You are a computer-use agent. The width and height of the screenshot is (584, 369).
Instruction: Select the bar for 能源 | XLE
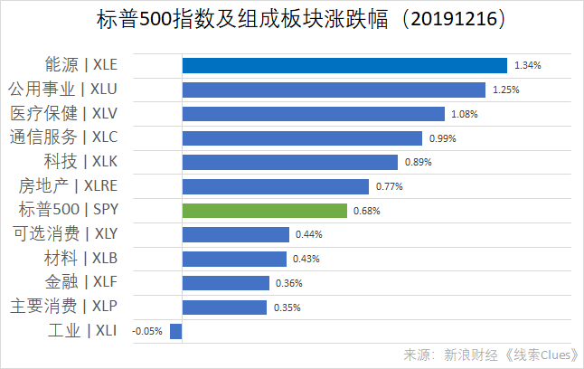click(344, 65)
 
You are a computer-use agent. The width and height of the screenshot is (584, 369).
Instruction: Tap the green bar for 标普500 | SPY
click(265, 211)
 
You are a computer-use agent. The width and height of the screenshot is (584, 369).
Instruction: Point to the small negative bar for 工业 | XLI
click(176, 331)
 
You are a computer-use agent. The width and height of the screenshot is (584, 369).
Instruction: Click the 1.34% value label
click(528, 66)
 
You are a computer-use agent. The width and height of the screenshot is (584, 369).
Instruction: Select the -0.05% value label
click(147, 332)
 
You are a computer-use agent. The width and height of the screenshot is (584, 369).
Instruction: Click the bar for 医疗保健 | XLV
click(314, 114)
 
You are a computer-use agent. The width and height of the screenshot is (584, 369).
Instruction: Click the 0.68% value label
click(367, 211)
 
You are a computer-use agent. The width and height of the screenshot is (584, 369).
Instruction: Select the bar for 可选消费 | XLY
click(236, 234)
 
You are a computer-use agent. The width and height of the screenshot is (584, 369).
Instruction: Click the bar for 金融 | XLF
click(226, 283)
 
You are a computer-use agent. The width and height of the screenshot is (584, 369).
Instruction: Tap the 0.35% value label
click(287, 307)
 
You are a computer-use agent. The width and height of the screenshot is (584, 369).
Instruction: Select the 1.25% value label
click(506, 90)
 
